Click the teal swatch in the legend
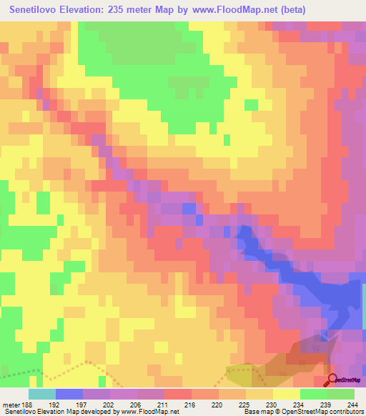point(41,394)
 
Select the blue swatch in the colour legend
point(69,394)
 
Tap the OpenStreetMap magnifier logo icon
point(332,380)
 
